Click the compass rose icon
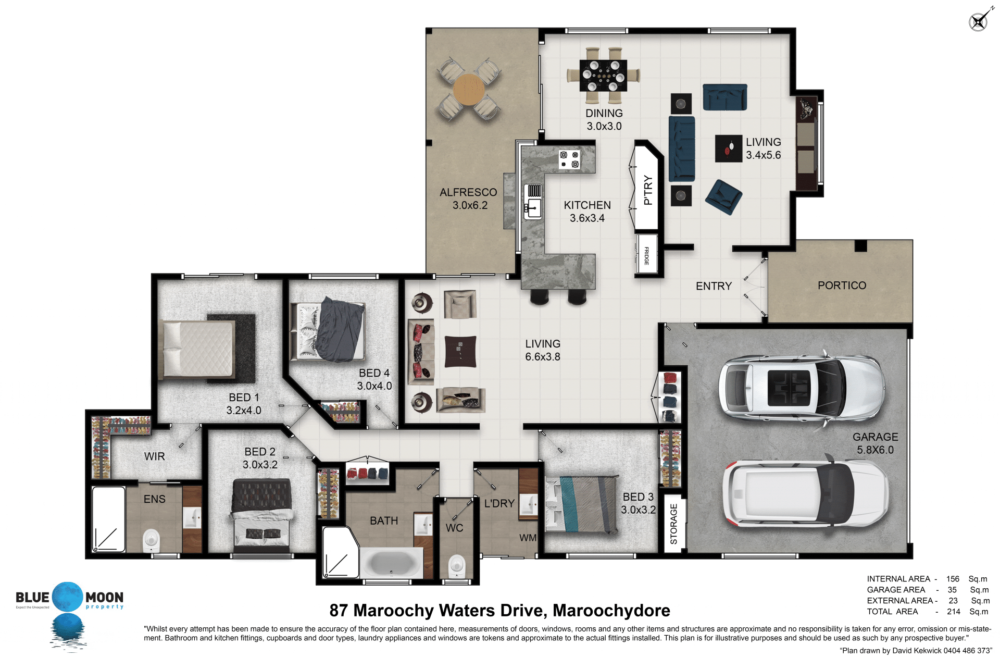click(979, 21)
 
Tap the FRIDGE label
click(646, 256)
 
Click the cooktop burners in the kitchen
click(569, 159)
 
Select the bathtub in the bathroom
click(392, 563)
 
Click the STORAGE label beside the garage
click(673, 524)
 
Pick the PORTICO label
click(842, 286)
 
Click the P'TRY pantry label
click(648, 190)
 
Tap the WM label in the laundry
click(528, 538)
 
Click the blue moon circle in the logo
click(68, 597)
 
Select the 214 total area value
click(953, 612)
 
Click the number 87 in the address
click(339, 610)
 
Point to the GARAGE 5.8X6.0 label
click(875, 443)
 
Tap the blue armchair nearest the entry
click(723, 196)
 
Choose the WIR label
click(154, 456)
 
